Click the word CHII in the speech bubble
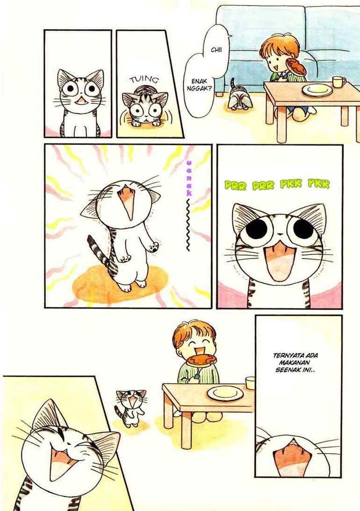pos(216,50)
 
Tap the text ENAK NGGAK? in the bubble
pos(199,84)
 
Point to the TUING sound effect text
pos(144,80)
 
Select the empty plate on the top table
pos(317,90)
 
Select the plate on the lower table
pos(225,393)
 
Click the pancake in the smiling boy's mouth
pos(202,360)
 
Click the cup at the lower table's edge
pos(250,382)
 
